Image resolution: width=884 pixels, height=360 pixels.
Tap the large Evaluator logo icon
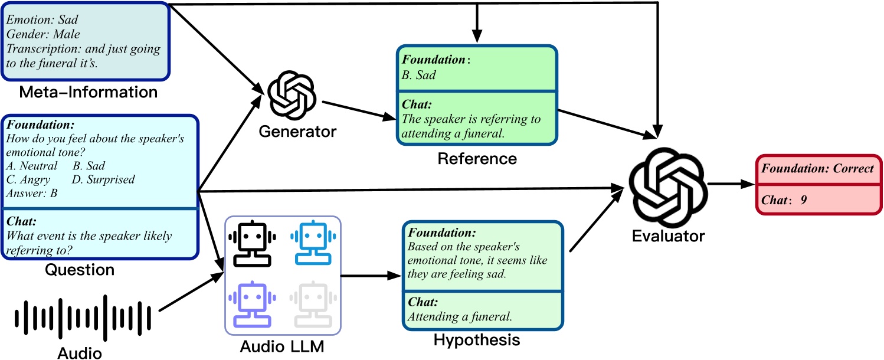(x=666, y=184)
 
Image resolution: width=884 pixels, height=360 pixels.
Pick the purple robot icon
(x=252, y=304)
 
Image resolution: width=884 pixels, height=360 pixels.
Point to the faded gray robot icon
(x=313, y=304)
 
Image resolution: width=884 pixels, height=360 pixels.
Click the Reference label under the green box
(x=477, y=159)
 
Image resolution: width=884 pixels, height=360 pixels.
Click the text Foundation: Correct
(x=818, y=168)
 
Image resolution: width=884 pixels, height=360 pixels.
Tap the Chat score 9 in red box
(x=803, y=200)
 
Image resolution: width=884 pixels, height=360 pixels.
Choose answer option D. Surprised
(x=103, y=179)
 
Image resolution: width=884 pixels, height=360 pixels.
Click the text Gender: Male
(x=44, y=34)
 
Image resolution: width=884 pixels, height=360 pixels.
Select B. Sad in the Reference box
(x=419, y=74)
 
